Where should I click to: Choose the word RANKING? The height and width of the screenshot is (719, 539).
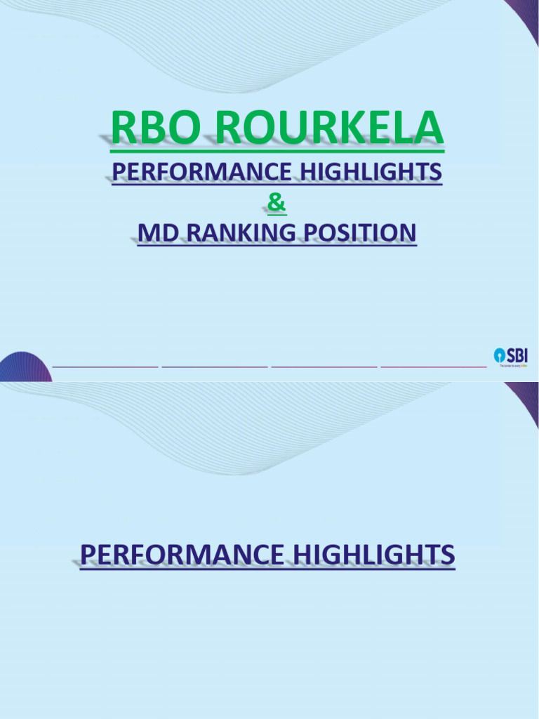click(x=237, y=232)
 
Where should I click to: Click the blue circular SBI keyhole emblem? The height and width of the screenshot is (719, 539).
click(x=500, y=355)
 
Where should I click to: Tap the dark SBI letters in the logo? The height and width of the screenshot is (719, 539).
click(x=517, y=355)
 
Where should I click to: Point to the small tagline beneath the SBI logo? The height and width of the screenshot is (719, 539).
click(x=513, y=366)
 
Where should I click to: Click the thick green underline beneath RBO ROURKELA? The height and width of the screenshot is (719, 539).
click(x=277, y=150)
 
